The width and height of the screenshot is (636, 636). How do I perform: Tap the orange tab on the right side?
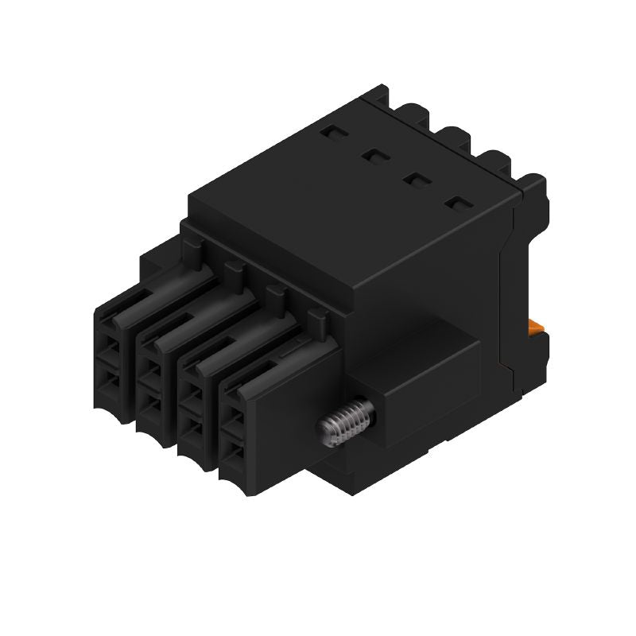(537, 327)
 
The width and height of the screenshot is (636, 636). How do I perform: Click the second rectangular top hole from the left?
(372, 157)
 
